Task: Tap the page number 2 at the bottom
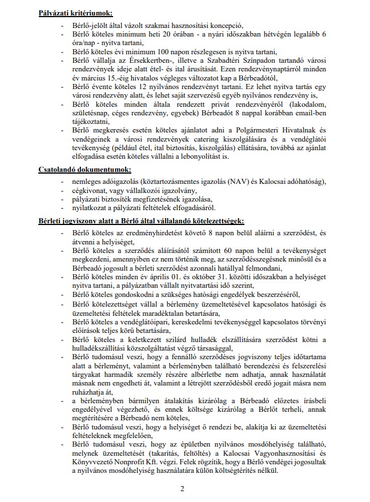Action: [x=182, y=488]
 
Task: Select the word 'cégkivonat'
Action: [x=90, y=190]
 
